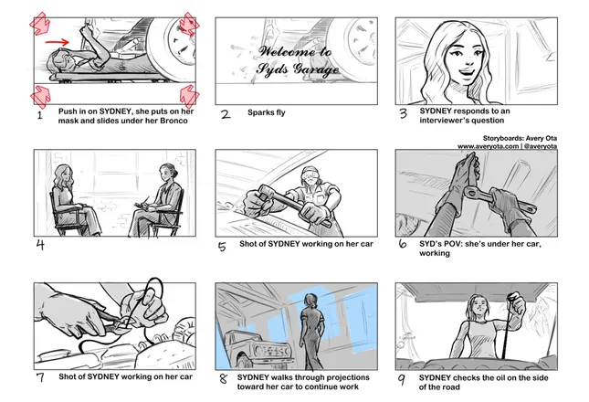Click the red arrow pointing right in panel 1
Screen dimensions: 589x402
(x=58, y=42)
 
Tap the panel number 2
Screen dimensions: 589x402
(x=226, y=114)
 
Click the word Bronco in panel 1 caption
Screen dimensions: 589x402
(x=174, y=121)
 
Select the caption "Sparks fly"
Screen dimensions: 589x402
(x=267, y=112)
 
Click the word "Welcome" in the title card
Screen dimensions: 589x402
(x=288, y=51)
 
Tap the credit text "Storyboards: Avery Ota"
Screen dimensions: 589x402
(x=520, y=138)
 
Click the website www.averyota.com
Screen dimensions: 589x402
(x=488, y=146)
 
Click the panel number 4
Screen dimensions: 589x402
(x=40, y=245)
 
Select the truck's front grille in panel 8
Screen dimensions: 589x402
(x=273, y=352)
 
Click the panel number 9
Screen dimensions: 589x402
(x=402, y=379)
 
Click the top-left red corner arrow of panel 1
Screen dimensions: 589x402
(x=39, y=24)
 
